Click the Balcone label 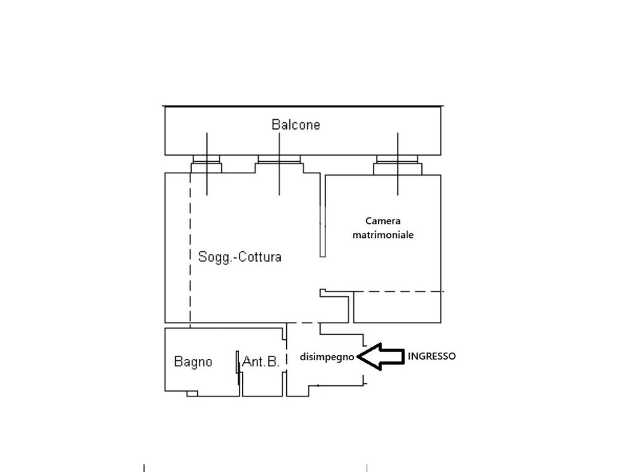pyautogui.click(x=295, y=124)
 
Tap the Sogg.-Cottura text pyautogui.click(x=240, y=257)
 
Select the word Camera pyautogui.click(x=383, y=221)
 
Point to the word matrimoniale pyautogui.click(x=383, y=235)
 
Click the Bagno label pyautogui.click(x=193, y=362)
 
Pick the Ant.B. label pyautogui.click(x=260, y=361)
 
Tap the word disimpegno pyautogui.click(x=327, y=357)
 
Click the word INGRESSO pyautogui.click(x=432, y=356)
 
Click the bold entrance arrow pyautogui.click(x=380, y=356)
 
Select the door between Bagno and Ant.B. pyautogui.click(x=238, y=368)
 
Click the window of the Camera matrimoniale pyautogui.click(x=397, y=165)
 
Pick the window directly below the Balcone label pyautogui.click(x=279, y=163)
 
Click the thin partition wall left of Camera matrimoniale pyautogui.click(x=322, y=216)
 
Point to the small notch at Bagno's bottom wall pyautogui.click(x=192, y=394)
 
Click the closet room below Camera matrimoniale pyautogui.click(x=397, y=307)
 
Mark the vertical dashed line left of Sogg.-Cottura pyautogui.click(x=190, y=250)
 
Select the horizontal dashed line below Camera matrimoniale pyautogui.click(x=399, y=291)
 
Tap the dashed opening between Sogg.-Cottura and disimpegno pyautogui.click(x=303, y=323)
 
